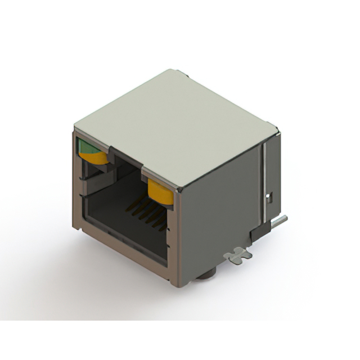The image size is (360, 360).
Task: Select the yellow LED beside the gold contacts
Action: pos(160,192)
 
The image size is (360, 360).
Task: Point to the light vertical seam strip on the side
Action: pos(262,180)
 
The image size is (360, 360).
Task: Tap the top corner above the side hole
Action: pos(277,129)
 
